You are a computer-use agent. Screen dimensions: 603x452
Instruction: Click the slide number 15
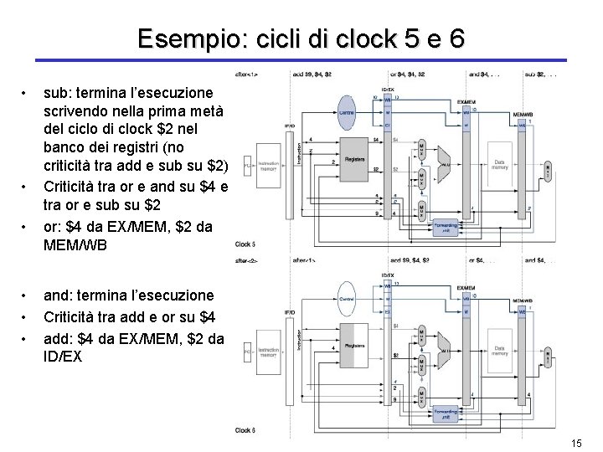[x=575, y=442]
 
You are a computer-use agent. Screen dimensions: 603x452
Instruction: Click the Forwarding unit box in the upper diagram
[x=445, y=227]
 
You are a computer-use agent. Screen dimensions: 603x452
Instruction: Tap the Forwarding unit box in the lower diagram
[x=445, y=412]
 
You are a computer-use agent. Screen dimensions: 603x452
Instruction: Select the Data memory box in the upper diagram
[x=501, y=166]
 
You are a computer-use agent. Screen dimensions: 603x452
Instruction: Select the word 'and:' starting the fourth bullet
[x=59, y=295]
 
